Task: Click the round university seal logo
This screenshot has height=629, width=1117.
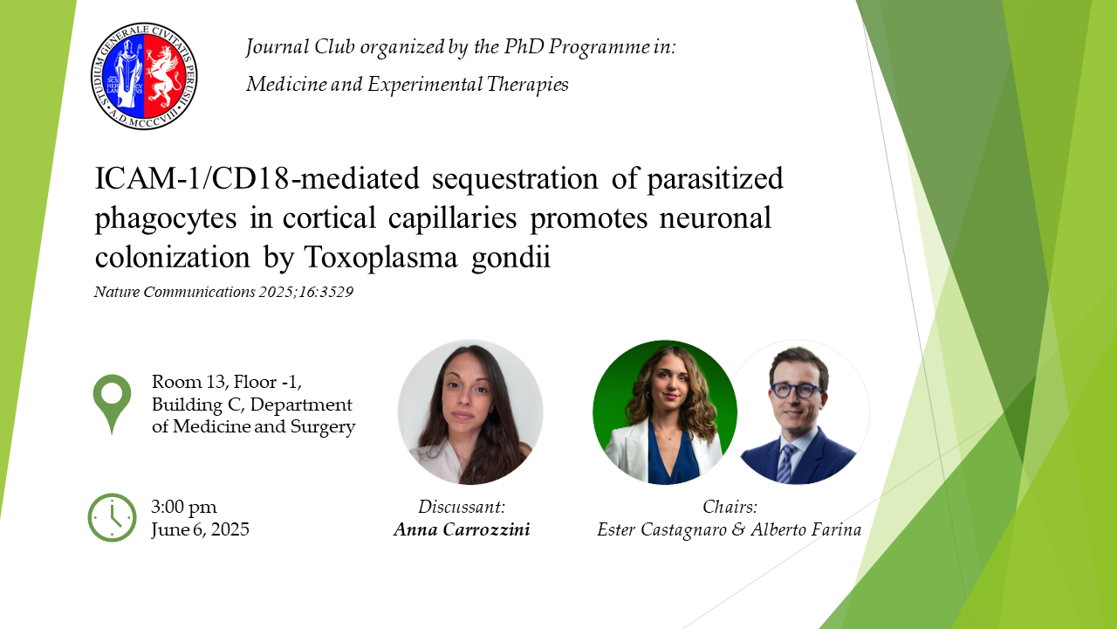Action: point(144,76)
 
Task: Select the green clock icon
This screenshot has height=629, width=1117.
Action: point(113,518)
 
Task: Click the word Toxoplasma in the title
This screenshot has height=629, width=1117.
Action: point(380,258)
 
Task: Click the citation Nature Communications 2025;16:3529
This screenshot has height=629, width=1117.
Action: point(224,292)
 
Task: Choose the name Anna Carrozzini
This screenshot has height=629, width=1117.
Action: point(462,529)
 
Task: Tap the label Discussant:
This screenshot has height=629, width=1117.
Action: point(462,507)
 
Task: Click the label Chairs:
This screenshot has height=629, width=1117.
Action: point(730,507)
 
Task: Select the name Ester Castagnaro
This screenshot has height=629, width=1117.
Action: point(662,529)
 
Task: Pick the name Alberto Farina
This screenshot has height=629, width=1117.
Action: point(806,529)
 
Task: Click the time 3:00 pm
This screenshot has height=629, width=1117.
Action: point(184,507)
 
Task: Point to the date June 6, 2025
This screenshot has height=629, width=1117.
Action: point(201,529)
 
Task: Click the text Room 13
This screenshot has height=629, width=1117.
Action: point(188,382)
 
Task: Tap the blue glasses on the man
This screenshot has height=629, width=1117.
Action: point(797,390)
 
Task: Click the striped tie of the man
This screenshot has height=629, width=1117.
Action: point(785,463)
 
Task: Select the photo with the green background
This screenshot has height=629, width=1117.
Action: point(665,412)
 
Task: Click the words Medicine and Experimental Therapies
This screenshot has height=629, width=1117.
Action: point(408,84)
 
